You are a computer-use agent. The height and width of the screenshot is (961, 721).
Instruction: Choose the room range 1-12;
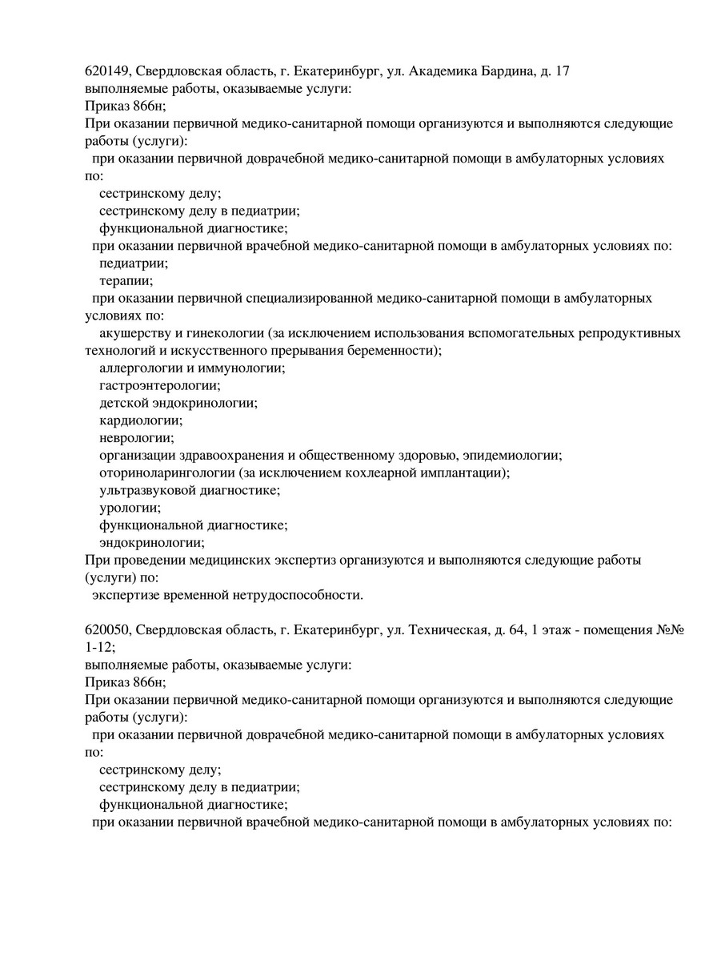coord(100,647)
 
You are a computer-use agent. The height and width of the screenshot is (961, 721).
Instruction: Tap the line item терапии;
coord(126,281)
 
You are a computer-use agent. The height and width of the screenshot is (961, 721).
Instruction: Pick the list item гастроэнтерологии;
coord(160,385)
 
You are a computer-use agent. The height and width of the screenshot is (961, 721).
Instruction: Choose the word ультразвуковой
coord(144,490)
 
